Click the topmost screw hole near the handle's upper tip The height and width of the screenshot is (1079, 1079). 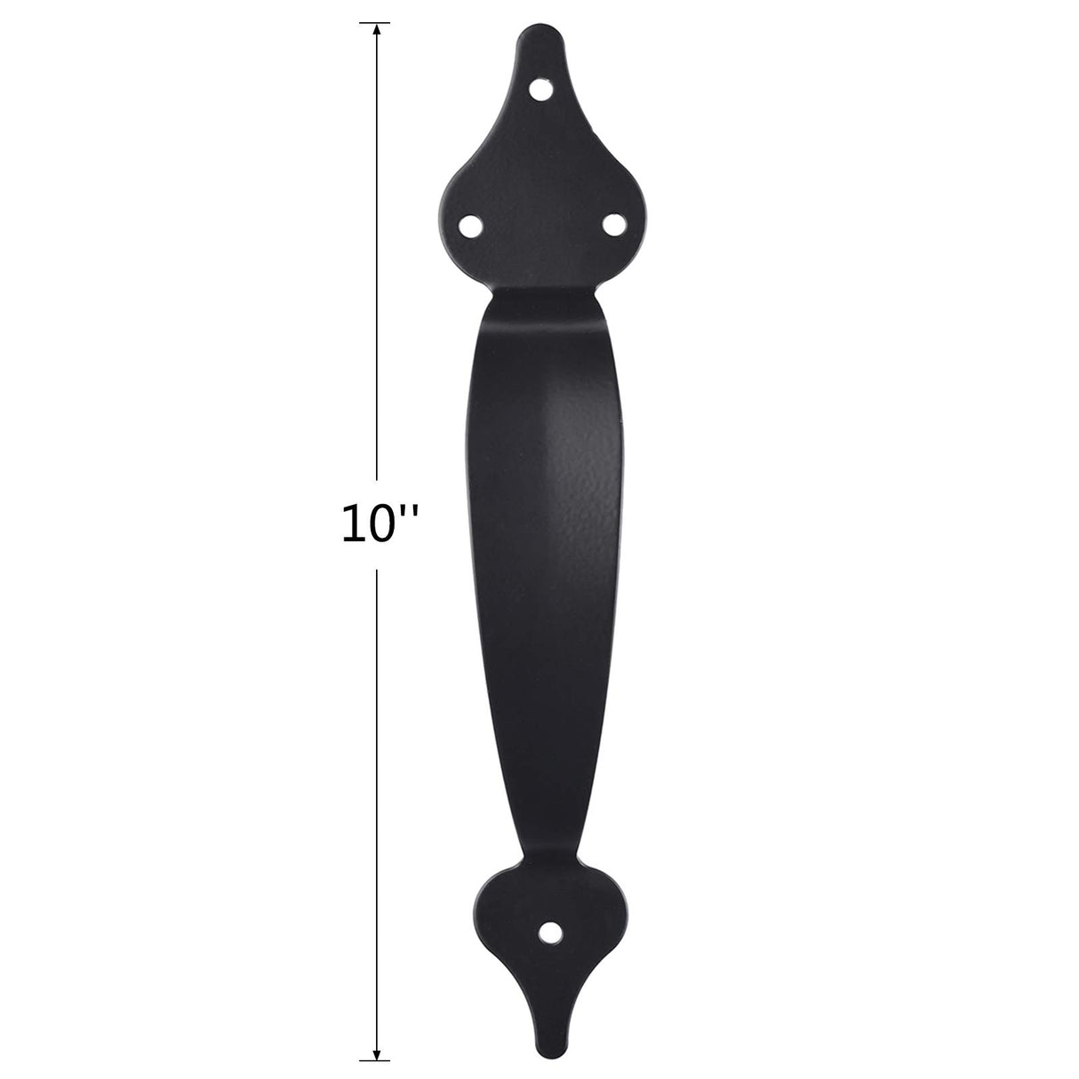pyautogui.click(x=540, y=89)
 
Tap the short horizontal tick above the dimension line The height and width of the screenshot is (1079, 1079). pyautogui.click(x=377, y=22)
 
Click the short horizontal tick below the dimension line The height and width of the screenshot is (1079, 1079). pyautogui.click(x=377, y=1059)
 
